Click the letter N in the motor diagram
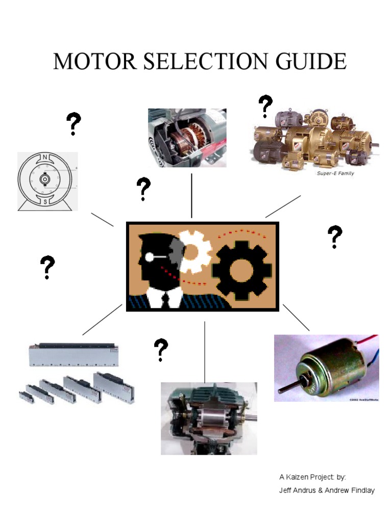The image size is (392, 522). (x=45, y=156)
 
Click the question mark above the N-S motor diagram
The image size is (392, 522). (x=73, y=124)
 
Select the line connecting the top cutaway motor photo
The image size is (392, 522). (x=191, y=195)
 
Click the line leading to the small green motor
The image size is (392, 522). (x=296, y=317)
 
